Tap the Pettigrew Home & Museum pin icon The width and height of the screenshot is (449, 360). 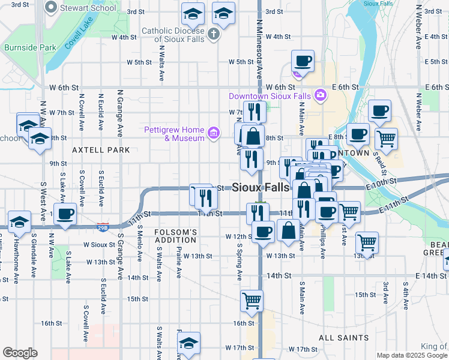[x=212, y=132]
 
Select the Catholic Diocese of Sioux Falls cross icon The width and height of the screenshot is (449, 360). [x=214, y=34]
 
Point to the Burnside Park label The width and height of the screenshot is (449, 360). [x=29, y=47]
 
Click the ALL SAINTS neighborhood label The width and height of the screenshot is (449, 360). [x=344, y=338]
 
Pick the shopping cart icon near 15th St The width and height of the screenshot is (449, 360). [x=252, y=301]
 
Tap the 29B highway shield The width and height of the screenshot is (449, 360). [x=103, y=227]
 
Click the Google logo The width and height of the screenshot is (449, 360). [x=20, y=353]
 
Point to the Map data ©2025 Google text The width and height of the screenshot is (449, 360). [x=412, y=355]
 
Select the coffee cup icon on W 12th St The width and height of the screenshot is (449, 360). [x=262, y=232]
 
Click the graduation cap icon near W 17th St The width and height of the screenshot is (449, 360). [x=189, y=343]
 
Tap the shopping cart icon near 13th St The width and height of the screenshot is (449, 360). [x=367, y=242]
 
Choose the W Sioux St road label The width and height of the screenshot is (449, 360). [x=99, y=245]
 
